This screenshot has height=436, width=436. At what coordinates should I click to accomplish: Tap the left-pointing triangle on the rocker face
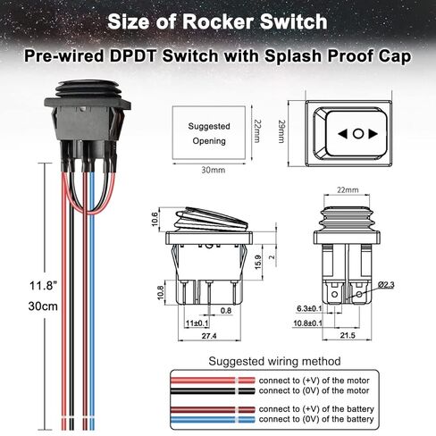coord(343,134)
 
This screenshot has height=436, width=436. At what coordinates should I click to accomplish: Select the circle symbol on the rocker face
coord(358,134)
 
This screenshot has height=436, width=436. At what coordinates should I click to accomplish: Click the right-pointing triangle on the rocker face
coord(373,134)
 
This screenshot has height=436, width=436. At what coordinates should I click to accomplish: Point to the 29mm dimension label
coord(281,131)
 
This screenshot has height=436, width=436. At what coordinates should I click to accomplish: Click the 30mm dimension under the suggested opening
coord(214,170)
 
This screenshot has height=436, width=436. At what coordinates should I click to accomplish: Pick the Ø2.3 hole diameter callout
coord(386,285)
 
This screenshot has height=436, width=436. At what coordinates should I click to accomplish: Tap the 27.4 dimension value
coord(209,336)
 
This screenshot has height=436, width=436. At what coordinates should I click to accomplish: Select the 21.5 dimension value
coord(348,335)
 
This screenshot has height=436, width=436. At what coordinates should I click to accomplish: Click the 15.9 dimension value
coord(258,262)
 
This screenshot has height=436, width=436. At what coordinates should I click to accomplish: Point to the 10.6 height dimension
coord(155,219)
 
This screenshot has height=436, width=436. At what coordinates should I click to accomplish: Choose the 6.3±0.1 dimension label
coord(309,308)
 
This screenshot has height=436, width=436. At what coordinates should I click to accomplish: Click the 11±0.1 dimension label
coord(197,323)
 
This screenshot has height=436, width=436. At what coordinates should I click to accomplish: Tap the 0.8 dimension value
coord(226,311)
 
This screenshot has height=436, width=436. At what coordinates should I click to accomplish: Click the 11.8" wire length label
coord(43,286)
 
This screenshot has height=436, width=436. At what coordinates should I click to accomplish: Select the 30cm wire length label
coord(43,306)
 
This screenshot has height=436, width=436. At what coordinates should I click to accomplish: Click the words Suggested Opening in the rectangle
coord(209,133)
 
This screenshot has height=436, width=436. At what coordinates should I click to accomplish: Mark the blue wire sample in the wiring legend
coord(213,420)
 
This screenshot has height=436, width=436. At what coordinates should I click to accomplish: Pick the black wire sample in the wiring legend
coord(213,390)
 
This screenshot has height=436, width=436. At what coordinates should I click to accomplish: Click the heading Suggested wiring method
coord(274,361)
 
